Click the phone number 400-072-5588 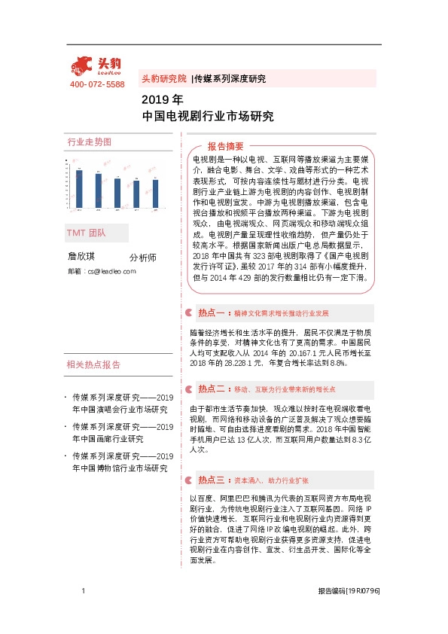point(97,85)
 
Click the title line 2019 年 point(162,99)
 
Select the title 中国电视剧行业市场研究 point(208,117)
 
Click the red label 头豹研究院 point(163,78)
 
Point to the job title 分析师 point(142,258)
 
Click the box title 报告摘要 point(226,146)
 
